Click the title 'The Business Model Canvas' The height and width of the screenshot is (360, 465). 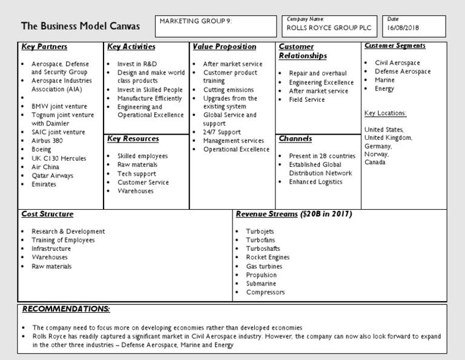click(81, 27)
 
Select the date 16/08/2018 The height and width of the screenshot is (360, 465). click(404, 28)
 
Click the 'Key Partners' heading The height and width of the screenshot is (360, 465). click(44, 47)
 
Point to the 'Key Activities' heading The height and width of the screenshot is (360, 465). click(131, 47)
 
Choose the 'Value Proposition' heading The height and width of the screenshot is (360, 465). click(224, 47)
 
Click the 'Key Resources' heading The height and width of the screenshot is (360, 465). click(133, 139)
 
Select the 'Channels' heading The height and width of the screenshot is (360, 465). click(295, 139)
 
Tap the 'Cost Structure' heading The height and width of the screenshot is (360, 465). click(47, 214)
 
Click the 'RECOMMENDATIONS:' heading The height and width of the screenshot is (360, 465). click(66, 309)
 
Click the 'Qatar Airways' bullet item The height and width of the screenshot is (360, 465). click(53, 176)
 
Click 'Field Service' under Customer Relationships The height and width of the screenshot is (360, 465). click(307, 100)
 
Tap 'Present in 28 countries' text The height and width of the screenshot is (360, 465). click(322, 156)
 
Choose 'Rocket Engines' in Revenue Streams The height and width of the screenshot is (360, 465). click(268, 258)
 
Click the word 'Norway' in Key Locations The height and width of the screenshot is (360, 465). click(376, 154)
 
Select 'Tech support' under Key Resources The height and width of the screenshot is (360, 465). click(137, 173)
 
